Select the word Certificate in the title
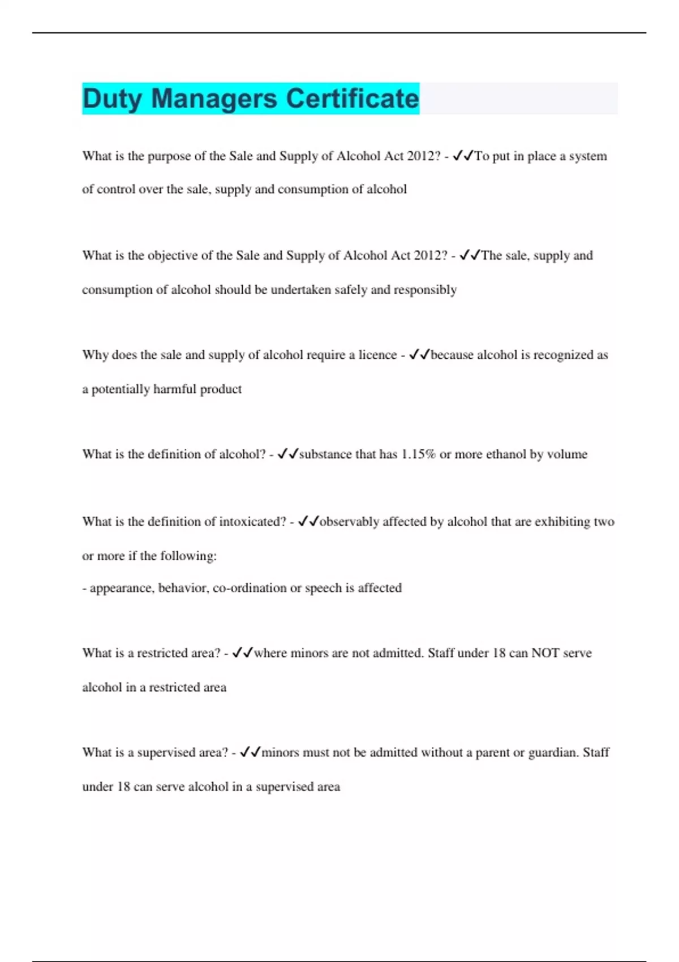pyautogui.click(x=352, y=98)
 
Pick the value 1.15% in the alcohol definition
pyautogui.click(x=418, y=454)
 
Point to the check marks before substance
pyautogui.click(x=287, y=454)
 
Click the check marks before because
pyautogui.click(x=419, y=355)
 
